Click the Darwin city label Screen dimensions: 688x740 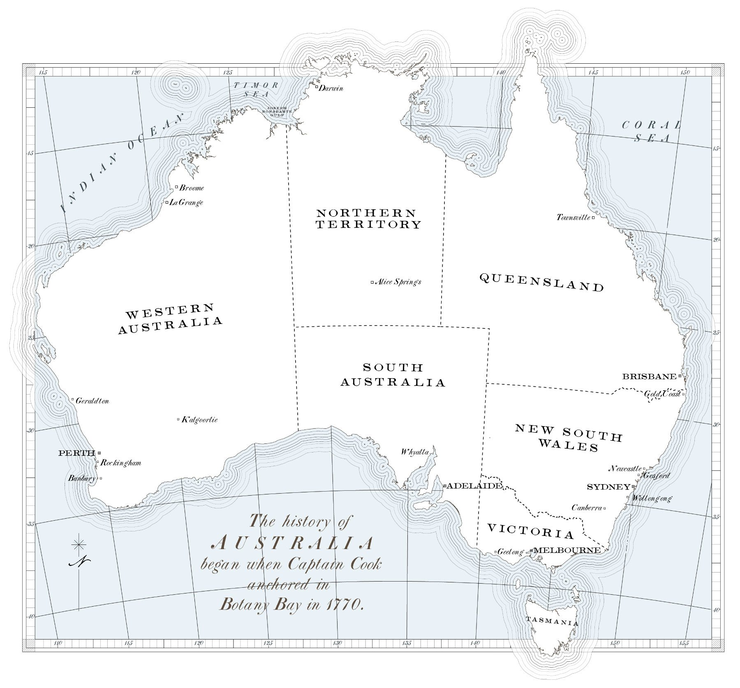coord(331,88)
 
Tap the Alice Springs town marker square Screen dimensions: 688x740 coord(372,282)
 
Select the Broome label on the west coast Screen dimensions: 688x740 coord(192,188)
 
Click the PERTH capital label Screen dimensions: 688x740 coord(77,453)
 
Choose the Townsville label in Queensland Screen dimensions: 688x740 coord(573,217)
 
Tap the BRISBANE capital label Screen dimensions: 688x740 coord(649,376)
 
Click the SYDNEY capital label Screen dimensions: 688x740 coord(608,487)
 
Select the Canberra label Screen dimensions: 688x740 coord(587,508)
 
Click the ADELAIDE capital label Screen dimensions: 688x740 coord(474,486)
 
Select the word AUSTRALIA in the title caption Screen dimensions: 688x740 coord(293,543)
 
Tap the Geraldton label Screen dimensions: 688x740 coord(92,401)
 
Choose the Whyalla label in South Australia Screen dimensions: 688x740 coord(415,452)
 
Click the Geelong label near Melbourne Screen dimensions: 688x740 coord(510,552)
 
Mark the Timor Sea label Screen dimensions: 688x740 coord(256,89)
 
